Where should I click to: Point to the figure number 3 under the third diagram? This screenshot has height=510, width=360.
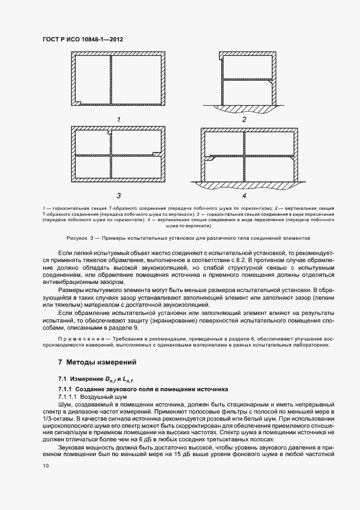tap(118, 195)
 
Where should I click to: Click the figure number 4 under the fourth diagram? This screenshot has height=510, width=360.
tap(244, 195)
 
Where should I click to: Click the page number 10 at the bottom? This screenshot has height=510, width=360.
tap(45, 465)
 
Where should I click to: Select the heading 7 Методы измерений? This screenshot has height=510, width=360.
tap(97, 362)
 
